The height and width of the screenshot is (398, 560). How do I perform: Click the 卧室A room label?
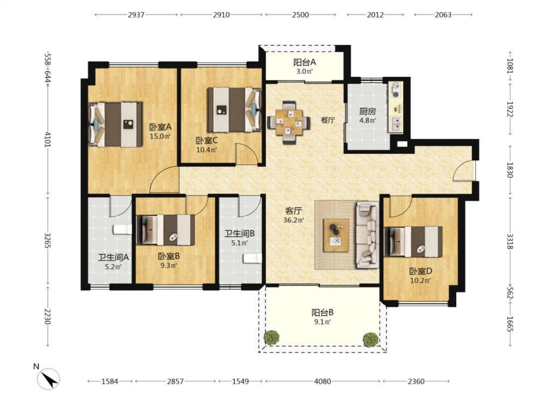pyautogui.click(x=160, y=127)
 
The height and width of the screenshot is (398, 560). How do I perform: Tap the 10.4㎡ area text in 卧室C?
pyautogui.click(x=207, y=150)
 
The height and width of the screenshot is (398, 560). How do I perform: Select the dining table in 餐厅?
pyautogui.click(x=289, y=122)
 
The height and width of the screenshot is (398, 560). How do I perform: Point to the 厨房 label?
pyautogui.click(x=367, y=111)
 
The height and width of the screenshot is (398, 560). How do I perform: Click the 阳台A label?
pyautogui.click(x=305, y=63)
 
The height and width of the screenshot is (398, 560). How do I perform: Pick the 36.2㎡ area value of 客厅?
pyautogui.click(x=294, y=220)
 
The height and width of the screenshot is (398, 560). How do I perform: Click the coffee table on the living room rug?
pyautogui.click(x=336, y=235)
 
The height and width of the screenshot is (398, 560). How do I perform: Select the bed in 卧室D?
pyautogui.click(x=413, y=242)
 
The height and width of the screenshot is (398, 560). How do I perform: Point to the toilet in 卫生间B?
pyautogui.click(x=252, y=258)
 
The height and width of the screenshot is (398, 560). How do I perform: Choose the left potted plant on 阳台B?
pyautogui.click(x=271, y=337)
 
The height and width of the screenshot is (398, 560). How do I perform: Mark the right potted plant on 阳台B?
pyautogui.click(x=370, y=339)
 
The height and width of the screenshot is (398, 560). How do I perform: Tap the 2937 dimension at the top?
pyautogui.click(x=136, y=14)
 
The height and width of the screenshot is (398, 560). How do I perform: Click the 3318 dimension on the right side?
pyautogui.click(x=510, y=241)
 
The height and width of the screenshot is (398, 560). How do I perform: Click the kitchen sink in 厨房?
pyautogui.click(x=396, y=123)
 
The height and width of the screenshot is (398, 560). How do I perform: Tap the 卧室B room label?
pyautogui.click(x=169, y=256)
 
